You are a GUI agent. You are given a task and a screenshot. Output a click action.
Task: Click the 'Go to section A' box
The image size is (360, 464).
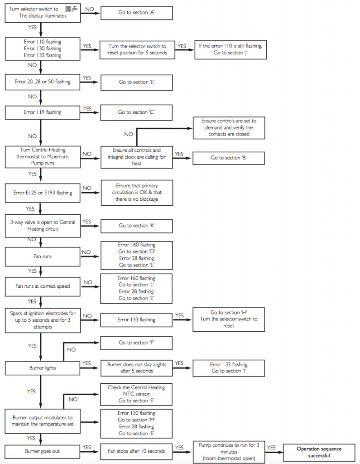136,12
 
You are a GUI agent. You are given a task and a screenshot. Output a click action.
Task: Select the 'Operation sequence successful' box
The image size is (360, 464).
319,452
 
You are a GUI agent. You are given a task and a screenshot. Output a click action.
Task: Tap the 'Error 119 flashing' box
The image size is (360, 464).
42,112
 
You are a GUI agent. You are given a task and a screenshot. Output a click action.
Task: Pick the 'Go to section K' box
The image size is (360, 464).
136,225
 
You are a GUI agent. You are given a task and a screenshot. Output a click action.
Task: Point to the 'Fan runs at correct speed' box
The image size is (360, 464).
42,286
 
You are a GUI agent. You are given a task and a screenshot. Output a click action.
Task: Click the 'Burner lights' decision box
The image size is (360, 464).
42,368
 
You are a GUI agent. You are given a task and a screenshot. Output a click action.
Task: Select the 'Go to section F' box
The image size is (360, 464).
136,343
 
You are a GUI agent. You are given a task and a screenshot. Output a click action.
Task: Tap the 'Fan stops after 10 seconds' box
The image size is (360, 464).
136,451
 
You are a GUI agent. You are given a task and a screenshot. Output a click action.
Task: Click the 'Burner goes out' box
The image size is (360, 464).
42,451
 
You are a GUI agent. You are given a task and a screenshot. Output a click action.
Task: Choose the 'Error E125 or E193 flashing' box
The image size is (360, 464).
42,193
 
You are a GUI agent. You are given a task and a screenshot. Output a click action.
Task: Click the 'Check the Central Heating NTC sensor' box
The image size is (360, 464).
136,394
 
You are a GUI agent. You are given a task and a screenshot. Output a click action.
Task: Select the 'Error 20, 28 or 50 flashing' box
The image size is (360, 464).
42,82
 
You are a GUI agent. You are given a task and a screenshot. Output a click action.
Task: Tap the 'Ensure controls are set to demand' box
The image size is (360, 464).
229,128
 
